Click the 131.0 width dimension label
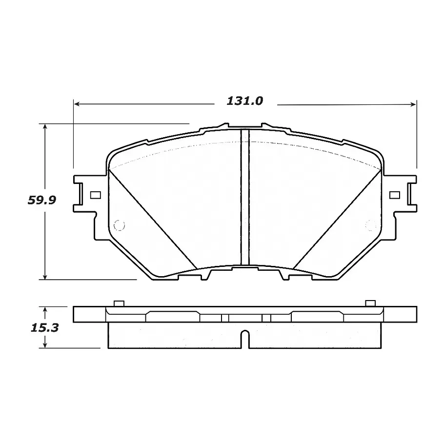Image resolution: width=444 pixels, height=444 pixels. click(245, 101)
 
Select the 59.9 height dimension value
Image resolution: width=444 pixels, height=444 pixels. click(42, 200)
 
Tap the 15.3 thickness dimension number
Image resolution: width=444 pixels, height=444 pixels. click(45, 328)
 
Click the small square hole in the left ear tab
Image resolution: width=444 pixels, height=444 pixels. click(95, 195)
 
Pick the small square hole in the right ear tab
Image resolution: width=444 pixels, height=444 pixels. click(395, 195)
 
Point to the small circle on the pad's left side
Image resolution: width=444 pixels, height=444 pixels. click(119, 225)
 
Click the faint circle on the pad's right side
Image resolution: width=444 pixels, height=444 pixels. click(371, 225)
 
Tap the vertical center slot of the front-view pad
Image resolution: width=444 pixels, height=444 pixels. click(245, 197)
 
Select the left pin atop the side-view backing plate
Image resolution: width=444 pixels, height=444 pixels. click(119, 303)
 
